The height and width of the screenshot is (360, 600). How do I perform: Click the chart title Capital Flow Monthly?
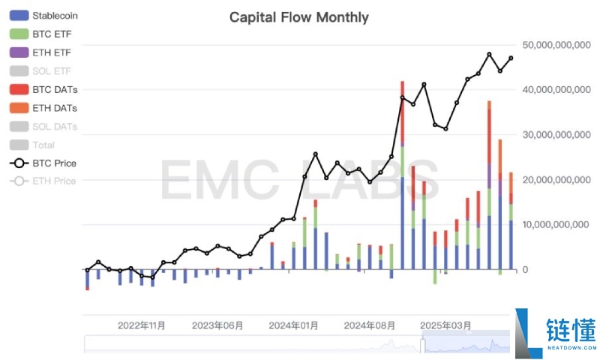pos(298,16)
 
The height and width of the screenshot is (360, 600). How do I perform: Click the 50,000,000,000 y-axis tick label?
pos(556,45)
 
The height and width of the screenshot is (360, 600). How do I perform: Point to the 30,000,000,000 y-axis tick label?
pos(556,135)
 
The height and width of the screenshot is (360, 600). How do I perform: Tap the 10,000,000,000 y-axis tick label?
pos(556,225)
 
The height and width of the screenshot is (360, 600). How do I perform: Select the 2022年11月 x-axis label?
pos(142,325)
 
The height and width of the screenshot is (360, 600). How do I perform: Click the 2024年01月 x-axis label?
pos(293,325)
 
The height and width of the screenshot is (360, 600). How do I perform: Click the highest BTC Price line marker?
pos(489,54)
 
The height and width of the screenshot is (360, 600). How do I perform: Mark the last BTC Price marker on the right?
pos(511,58)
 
